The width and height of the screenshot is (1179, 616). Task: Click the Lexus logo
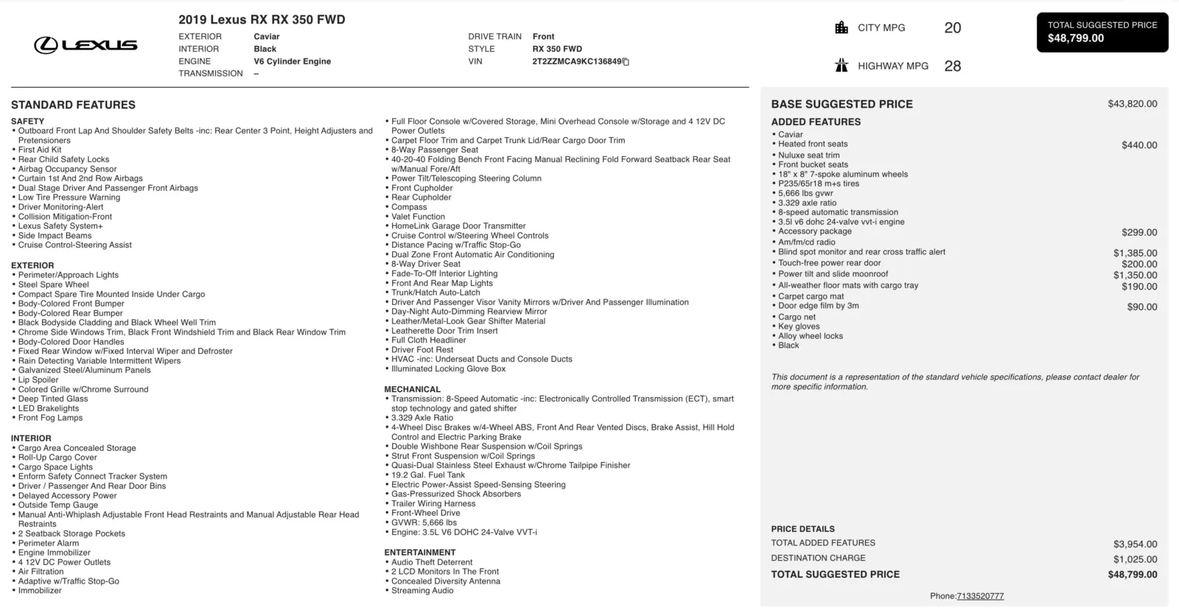(85, 46)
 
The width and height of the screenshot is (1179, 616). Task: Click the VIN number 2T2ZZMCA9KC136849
(577, 61)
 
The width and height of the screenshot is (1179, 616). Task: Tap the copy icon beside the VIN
(626, 62)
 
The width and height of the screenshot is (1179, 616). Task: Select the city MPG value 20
(952, 28)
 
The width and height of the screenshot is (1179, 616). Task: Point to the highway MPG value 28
(952, 66)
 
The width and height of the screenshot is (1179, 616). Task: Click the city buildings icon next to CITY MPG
(842, 28)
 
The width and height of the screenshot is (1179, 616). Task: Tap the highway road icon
(842, 66)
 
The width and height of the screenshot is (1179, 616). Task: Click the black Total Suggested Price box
(1102, 32)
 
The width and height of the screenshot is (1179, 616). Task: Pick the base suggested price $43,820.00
(1132, 104)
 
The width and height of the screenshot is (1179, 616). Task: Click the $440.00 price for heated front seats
(1139, 145)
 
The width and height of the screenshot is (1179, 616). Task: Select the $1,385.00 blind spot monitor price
(1135, 253)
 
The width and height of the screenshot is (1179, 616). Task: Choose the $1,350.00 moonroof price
(1135, 275)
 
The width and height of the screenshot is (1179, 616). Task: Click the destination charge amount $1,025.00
(1135, 559)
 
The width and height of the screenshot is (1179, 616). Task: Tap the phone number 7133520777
(980, 596)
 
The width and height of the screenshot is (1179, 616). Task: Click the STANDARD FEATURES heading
(73, 105)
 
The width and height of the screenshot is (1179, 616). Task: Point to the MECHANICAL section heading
(412, 389)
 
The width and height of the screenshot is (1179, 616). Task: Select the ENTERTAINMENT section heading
(419, 552)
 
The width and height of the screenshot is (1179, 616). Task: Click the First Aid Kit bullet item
(40, 150)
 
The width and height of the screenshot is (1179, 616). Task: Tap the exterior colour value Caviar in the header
(267, 36)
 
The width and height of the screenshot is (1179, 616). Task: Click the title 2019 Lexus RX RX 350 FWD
(262, 20)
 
